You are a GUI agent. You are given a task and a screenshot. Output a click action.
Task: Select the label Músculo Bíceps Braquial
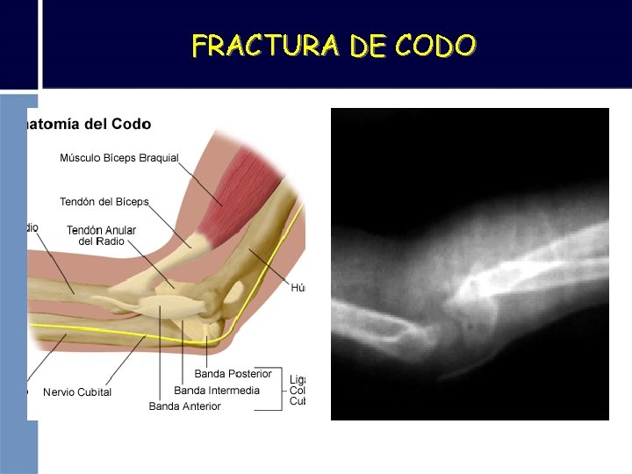[118, 158]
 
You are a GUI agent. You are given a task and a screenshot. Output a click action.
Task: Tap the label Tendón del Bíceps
[104, 202]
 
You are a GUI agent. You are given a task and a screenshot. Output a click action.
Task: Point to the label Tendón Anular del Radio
[101, 235]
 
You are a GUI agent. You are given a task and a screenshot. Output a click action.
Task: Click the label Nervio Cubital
[77, 392]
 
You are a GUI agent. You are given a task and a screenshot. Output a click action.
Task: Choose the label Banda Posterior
[233, 374]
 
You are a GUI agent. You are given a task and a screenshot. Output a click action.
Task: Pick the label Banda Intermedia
[217, 391]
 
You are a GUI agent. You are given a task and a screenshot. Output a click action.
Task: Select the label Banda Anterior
[184, 406]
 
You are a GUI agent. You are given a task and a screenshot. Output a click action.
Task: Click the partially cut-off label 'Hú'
[298, 289]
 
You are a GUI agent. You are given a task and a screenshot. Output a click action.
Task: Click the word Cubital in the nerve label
[93, 392]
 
